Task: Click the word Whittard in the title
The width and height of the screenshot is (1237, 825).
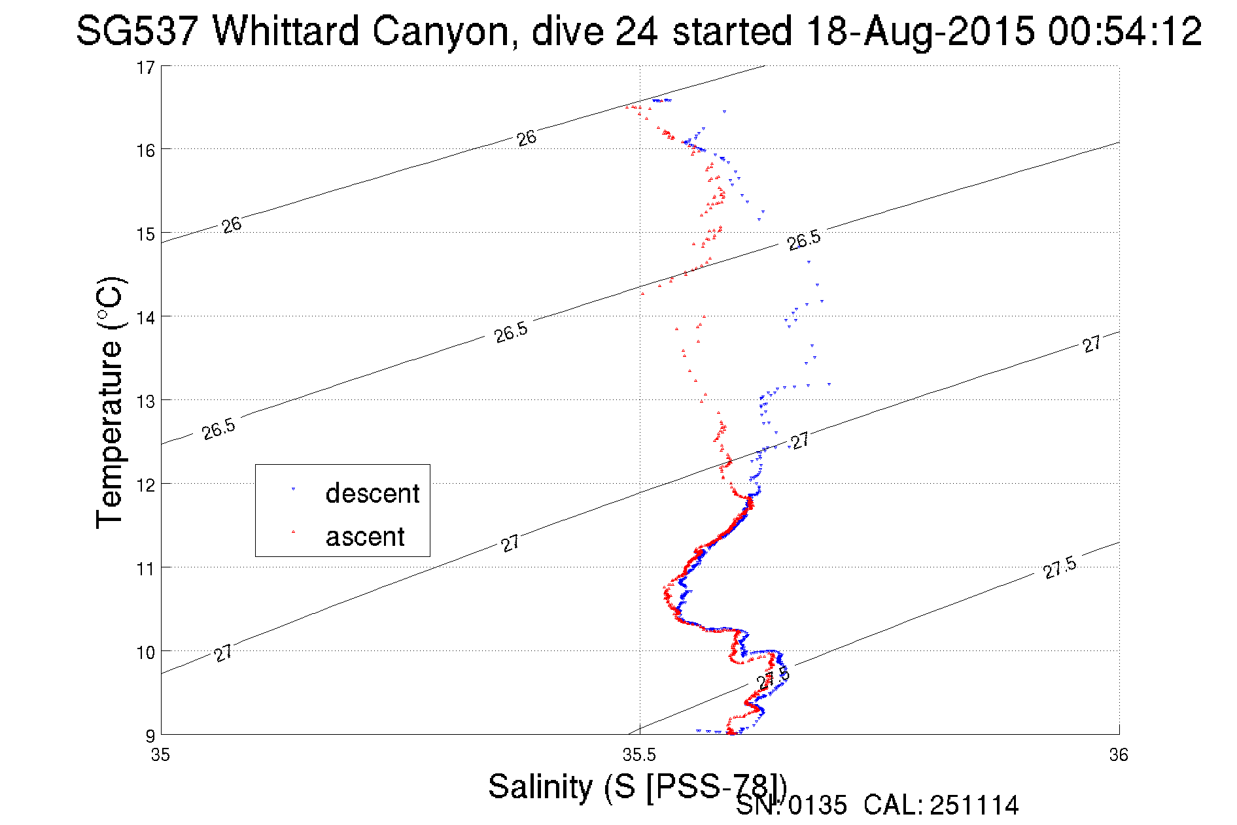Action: coord(286,31)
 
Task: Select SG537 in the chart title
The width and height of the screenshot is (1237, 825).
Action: coord(137,31)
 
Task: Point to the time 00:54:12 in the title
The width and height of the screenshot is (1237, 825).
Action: coord(1125,31)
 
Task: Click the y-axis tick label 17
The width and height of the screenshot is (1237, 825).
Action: coord(146,67)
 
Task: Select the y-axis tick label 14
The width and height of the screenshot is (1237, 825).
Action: coord(146,318)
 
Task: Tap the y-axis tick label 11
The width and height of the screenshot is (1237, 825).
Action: coord(146,568)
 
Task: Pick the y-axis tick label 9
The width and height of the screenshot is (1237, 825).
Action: coord(150,735)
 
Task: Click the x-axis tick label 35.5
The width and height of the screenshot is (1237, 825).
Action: coord(639,755)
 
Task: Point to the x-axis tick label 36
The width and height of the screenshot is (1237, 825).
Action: coord(1119,755)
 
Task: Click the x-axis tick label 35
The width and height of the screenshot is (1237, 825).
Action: coord(161,755)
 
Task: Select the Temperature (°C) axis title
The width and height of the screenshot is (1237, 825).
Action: coord(109,402)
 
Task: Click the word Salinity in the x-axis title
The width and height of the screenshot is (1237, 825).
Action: coord(540,786)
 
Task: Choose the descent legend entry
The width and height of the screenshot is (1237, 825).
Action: coord(372,494)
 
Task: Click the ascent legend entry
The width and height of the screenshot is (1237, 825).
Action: coord(365,537)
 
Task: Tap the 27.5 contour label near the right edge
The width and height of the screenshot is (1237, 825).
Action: coord(1060,567)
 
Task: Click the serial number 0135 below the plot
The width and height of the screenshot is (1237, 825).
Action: coord(817,805)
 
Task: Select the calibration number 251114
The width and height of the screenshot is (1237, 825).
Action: coord(974,805)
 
